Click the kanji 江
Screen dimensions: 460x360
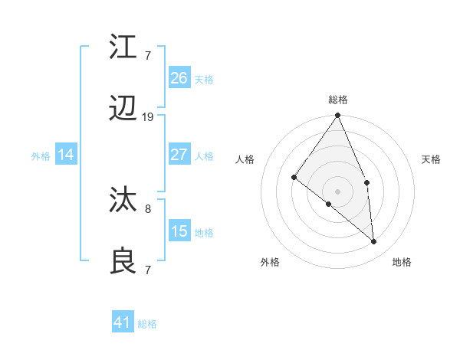click(x=124, y=47)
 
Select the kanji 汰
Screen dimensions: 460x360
click(x=124, y=201)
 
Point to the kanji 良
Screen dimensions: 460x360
click(x=124, y=261)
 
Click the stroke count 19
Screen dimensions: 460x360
click(x=148, y=117)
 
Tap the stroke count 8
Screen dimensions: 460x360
click(x=148, y=207)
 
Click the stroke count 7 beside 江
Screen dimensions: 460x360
click(x=148, y=54)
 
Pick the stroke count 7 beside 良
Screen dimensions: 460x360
click(x=148, y=269)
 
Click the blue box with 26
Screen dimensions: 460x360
click(x=179, y=77)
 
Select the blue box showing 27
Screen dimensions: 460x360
click(x=179, y=155)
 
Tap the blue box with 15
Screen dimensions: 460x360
click(x=179, y=231)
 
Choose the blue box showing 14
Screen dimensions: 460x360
click(x=66, y=155)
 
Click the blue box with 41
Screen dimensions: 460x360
click(x=123, y=322)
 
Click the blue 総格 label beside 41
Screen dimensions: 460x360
click(x=147, y=324)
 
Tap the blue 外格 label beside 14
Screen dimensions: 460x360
click(x=41, y=156)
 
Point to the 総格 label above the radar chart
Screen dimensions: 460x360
click(x=337, y=100)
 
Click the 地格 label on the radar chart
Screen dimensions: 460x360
click(x=402, y=262)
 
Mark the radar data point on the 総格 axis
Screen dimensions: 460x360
click(x=337, y=116)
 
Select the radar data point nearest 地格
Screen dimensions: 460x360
click(x=374, y=241)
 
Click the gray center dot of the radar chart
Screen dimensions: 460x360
click(x=337, y=191)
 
